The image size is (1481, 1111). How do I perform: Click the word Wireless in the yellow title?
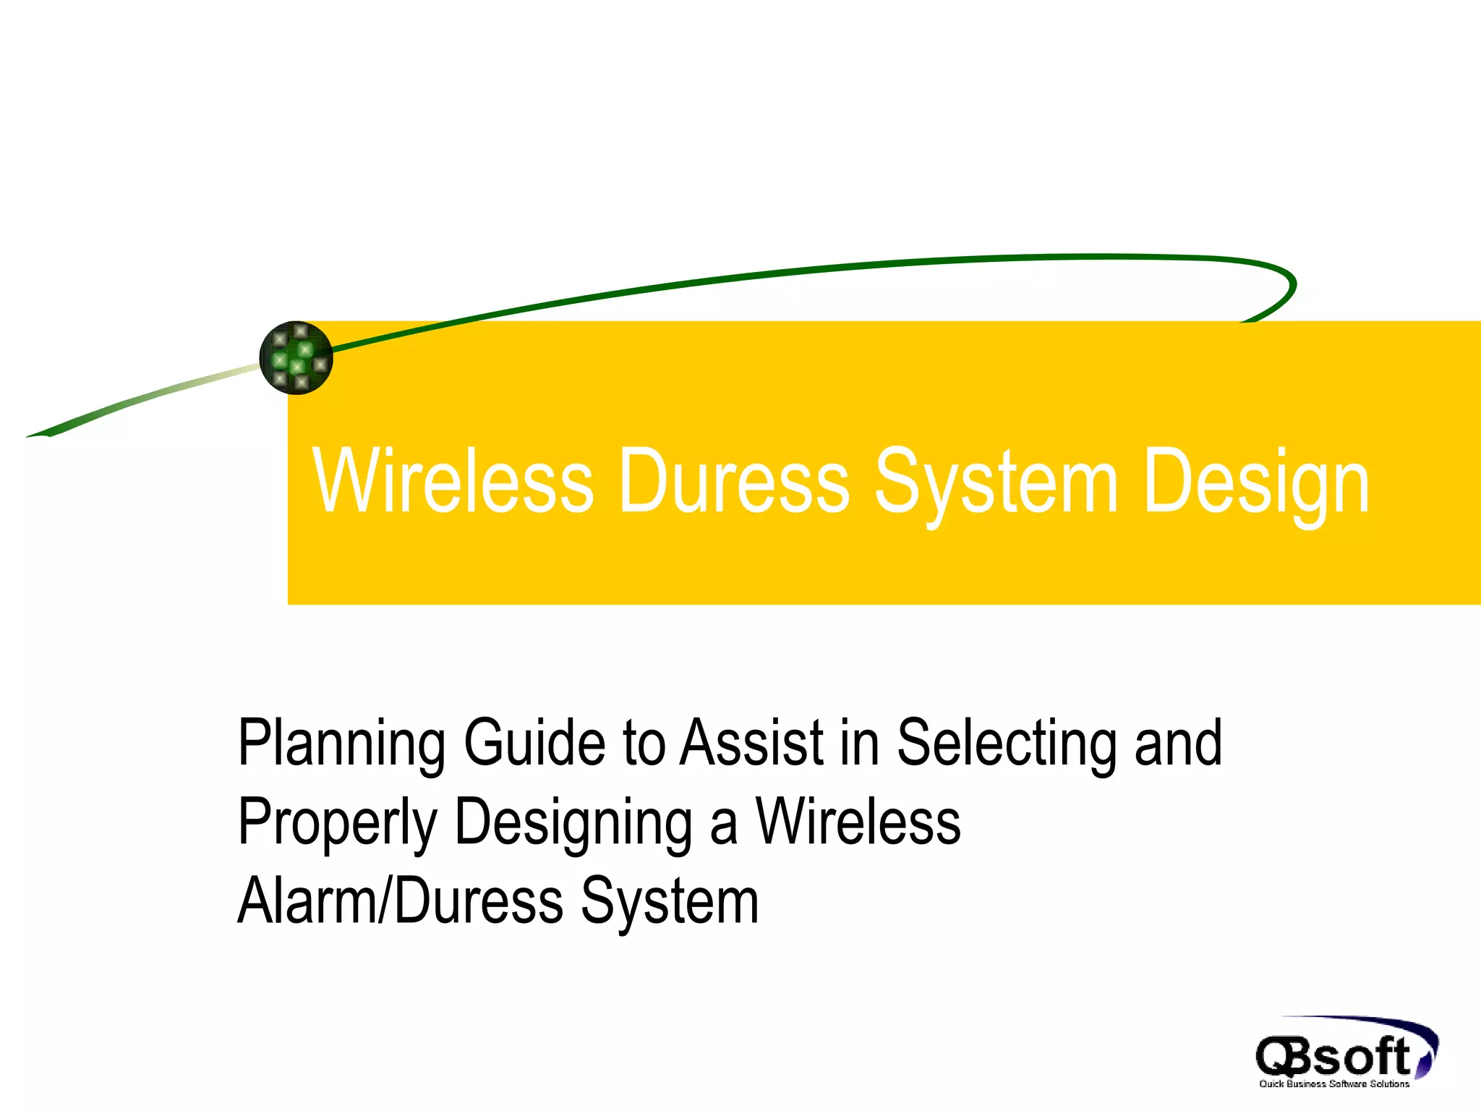(453, 481)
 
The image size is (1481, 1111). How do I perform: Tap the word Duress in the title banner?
(734, 481)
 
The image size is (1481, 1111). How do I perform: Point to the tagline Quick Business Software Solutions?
(1334, 1084)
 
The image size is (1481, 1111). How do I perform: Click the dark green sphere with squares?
(296, 358)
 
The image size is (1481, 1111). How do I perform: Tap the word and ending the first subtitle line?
(1179, 743)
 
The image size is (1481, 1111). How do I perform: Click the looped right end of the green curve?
(1287, 286)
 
